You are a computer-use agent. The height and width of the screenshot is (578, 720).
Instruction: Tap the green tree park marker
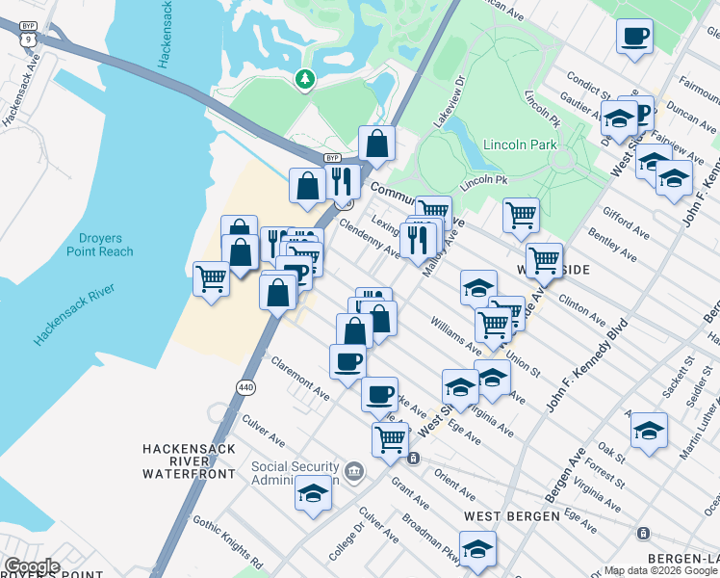tap(306, 78)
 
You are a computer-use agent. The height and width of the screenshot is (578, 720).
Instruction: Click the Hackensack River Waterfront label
tap(189, 461)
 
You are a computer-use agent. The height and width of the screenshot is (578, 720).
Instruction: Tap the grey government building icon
tap(354, 471)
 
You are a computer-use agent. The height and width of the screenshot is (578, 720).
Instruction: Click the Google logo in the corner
tap(31, 566)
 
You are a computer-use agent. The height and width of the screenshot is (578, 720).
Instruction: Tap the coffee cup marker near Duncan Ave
tap(634, 38)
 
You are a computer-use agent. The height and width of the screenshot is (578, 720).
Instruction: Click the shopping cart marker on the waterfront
tap(211, 279)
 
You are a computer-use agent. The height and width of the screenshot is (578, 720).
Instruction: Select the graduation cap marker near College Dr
tap(313, 493)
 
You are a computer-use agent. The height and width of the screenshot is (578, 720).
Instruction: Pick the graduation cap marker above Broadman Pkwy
tap(477, 549)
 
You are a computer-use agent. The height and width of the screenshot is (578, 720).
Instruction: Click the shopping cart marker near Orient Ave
tap(390, 438)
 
